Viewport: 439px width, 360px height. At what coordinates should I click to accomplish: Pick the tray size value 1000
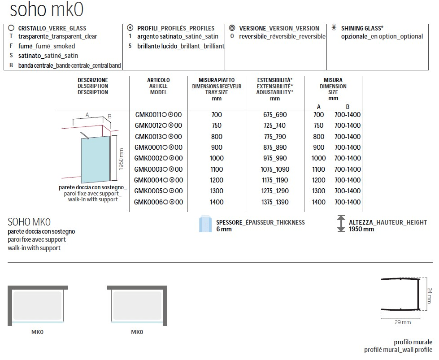click(216, 158)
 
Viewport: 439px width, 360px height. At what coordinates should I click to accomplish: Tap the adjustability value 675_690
click(275, 115)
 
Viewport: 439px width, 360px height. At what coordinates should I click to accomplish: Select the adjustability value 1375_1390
click(275, 202)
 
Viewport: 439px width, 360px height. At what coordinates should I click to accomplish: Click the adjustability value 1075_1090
click(275, 169)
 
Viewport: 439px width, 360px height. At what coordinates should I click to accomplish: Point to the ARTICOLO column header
click(158, 86)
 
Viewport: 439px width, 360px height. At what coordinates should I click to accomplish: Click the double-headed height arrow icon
click(341, 224)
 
